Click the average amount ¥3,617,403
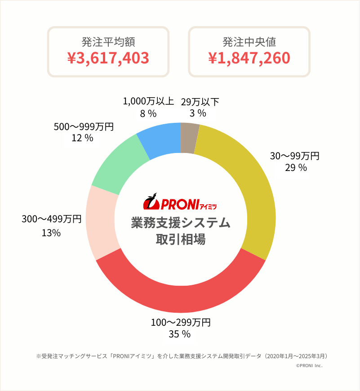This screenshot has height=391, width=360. (x=108, y=58)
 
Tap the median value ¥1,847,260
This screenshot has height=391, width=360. (x=249, y=58)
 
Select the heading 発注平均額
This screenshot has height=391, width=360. (x=108, y=42)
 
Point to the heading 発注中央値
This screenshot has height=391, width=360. (x=249, y=42)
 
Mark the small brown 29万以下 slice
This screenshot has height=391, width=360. (x=189, y=137)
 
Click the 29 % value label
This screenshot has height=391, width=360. (x=295, y=168)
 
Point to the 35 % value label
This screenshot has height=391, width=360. (x=180, y=334)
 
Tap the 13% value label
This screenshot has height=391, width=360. (x=51, y=233)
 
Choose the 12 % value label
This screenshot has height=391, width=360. (x=82, y=139)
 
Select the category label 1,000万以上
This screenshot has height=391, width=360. (x=148, y=101)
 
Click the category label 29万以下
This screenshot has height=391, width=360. (x=200, y=102)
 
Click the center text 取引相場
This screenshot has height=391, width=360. (x=180, y=239)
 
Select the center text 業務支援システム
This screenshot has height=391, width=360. (x=180, y=223)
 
